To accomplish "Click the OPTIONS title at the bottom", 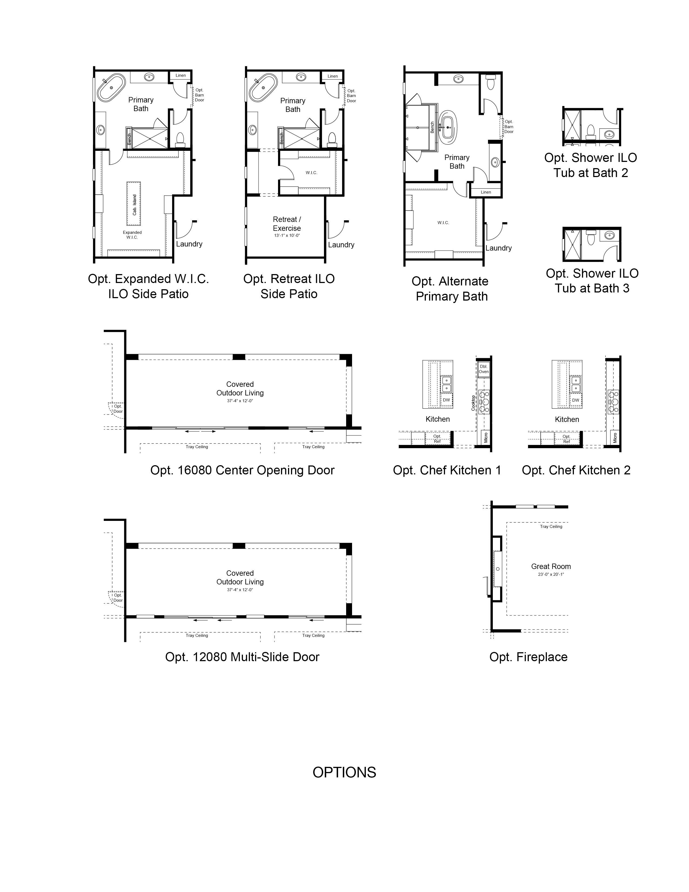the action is tap(344, 772).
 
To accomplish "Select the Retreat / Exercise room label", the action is tap(287, 224).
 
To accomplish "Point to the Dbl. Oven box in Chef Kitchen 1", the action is tap(484, 369).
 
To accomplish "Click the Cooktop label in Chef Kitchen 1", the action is tap(473, 403).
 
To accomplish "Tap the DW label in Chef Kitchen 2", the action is tap(576, 400).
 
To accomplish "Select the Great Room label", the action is tap(551, 567).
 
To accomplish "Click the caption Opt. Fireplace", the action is tap(528, 657).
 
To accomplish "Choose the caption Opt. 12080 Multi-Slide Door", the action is tap(242, 657).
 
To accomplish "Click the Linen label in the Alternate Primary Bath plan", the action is tap(486, 192).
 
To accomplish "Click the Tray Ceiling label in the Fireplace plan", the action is tap(551, 527).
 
